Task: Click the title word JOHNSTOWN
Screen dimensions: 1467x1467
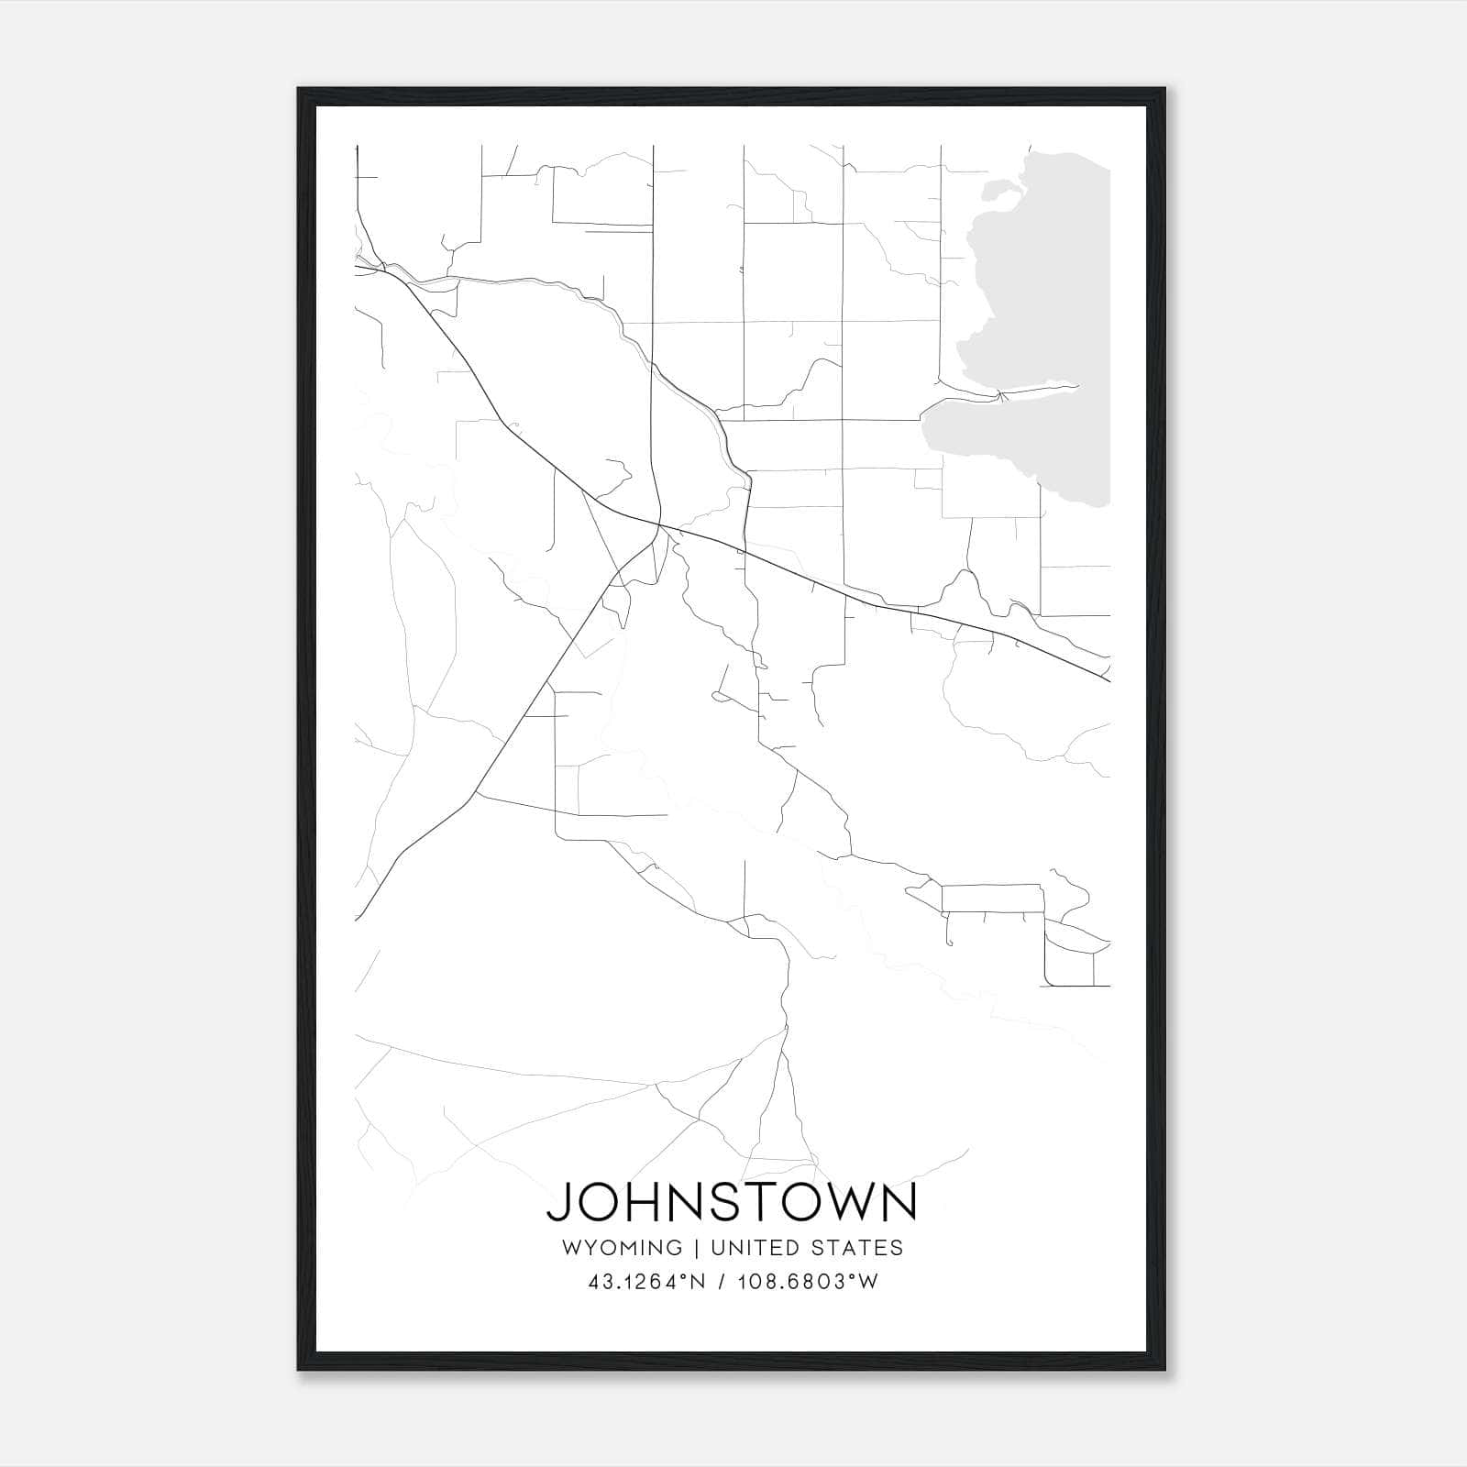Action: point(732,1203)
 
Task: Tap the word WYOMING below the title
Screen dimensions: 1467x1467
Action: point(622,1248)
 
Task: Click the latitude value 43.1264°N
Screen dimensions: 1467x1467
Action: point(646,1282)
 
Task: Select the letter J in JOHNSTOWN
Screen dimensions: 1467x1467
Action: point(559,1203)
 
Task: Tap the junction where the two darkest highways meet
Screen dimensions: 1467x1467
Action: point(656,526)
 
